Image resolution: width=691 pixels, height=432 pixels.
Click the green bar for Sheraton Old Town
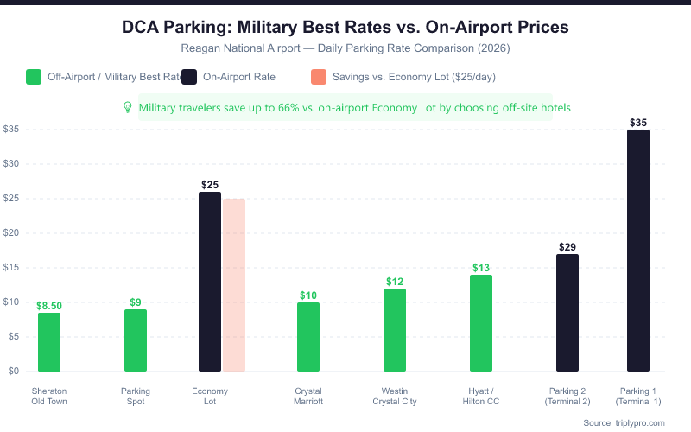(x=49, y=342)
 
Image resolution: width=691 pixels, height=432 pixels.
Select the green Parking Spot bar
(x=136, y=340)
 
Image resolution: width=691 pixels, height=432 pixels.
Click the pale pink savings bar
(x=234, y=285)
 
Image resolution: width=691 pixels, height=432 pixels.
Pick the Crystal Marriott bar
(x=308, y=337)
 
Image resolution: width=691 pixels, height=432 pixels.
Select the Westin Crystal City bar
(x=395, y=330)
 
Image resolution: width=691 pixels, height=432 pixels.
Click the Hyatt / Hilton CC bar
(x=481, y=323)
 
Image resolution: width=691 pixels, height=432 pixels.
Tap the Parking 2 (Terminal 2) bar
(x=567, y=313)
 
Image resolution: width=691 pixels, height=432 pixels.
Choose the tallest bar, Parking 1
(x=638, y=251)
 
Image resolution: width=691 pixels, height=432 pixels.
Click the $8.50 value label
(x=49, y=306)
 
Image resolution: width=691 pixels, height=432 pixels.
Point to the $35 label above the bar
(x=638, y=123)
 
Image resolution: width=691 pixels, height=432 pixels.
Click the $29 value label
(x=567, y=247)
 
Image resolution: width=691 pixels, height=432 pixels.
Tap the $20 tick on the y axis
(x=12, y=233)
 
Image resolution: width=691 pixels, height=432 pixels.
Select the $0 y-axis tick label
(x=13, y=372)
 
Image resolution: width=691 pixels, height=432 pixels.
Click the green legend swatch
(x=35, y=77)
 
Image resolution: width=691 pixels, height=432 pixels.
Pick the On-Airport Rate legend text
(x=239, y=77)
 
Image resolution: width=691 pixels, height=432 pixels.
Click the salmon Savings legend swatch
(x=317, y=77)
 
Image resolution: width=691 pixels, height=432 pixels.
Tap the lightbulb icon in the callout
(x=128, y=107)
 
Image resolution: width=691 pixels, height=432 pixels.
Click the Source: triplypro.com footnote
(x=624, y=422)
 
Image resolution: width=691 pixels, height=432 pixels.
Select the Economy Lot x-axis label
(x=210, y=396)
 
